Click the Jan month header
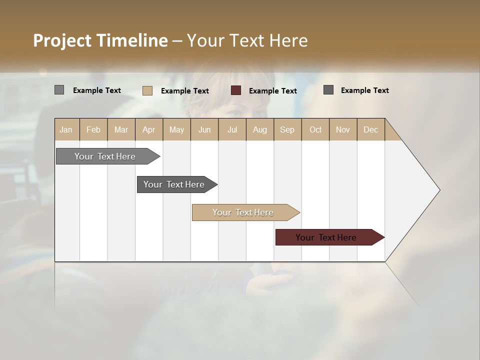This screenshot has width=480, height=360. coord(66,129)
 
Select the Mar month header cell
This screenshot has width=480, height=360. coord(121,129)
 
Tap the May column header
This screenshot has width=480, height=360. coord(176,129)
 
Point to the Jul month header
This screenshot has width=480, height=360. coord(232,129)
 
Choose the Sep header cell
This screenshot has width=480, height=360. coord(287,129)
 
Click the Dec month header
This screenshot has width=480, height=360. coord(370,129)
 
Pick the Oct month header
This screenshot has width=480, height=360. coord(315,129)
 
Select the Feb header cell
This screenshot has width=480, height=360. coord(93,129)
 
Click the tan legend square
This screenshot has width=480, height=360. coord(147,90)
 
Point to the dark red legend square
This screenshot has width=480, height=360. coord(236,90)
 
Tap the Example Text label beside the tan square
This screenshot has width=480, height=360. coord(185,91)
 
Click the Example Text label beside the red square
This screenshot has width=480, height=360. coord(273,91)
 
